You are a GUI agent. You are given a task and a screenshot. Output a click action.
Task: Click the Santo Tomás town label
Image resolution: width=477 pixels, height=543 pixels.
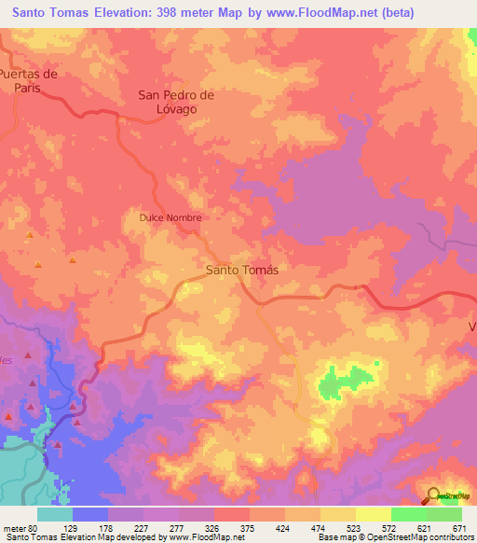[241, 269]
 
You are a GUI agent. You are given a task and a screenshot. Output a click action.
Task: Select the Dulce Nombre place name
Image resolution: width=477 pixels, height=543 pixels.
[170, 217]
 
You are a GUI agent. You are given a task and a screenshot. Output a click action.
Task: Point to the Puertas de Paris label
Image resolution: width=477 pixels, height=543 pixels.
[30, 80]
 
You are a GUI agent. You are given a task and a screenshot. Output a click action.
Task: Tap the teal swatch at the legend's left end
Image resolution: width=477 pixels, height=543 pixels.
[54, 514]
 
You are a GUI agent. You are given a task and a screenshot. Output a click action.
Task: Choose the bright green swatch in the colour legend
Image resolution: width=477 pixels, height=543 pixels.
[409, 514]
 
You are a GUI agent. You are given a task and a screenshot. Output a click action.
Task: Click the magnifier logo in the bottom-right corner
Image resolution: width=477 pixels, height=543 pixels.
[435, 496]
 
